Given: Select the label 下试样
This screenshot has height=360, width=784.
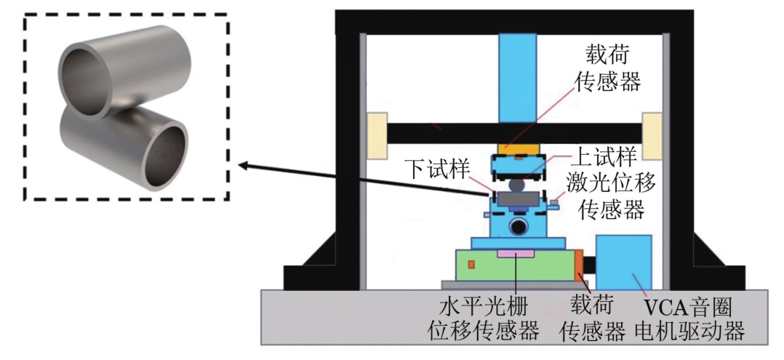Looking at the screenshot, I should point(430,168).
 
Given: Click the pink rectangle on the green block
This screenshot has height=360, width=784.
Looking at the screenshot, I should point(516,253).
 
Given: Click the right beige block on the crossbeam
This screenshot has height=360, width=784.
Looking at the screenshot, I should point(651,135).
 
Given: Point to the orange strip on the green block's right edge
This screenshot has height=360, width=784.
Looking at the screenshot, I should point(579,265).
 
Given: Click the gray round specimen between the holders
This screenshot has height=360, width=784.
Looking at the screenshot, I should point(517,185).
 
